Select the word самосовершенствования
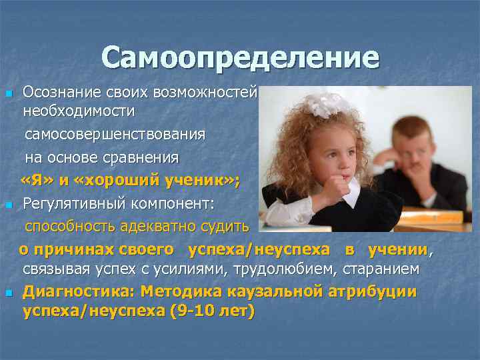(115, 135)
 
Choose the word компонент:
(165, 203)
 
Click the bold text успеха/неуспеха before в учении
(259, 249)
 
